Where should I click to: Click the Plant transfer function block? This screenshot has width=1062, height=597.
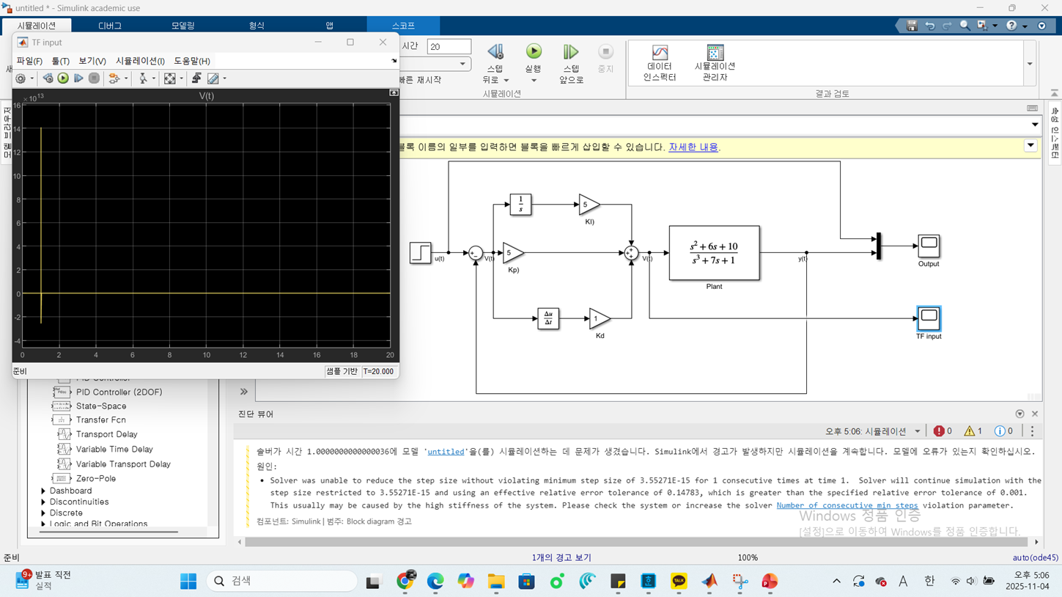714,253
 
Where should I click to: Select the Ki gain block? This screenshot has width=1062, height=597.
588,205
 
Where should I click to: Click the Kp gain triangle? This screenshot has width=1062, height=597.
512,253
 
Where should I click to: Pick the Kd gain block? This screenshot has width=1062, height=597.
598,318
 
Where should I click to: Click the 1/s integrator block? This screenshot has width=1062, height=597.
520,205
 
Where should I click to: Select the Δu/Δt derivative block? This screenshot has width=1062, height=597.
548,318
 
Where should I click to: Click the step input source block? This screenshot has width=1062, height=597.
420,253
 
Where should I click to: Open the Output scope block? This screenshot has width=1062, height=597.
929,246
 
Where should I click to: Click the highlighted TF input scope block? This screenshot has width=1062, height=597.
929,318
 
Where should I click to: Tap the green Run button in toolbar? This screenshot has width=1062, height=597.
534,51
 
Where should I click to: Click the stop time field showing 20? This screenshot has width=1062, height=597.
449,46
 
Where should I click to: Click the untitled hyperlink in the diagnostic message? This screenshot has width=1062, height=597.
446,452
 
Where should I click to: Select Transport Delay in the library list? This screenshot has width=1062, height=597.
106,434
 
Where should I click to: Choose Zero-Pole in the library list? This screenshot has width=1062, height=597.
95,478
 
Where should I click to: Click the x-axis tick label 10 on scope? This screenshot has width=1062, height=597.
207,355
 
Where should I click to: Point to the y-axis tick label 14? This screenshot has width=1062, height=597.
17,129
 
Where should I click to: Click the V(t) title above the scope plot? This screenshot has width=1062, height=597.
207,96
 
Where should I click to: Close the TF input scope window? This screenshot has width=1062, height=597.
383,43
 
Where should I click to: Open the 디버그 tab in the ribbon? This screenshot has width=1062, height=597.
110,26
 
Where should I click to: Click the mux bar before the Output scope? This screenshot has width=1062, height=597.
878,246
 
